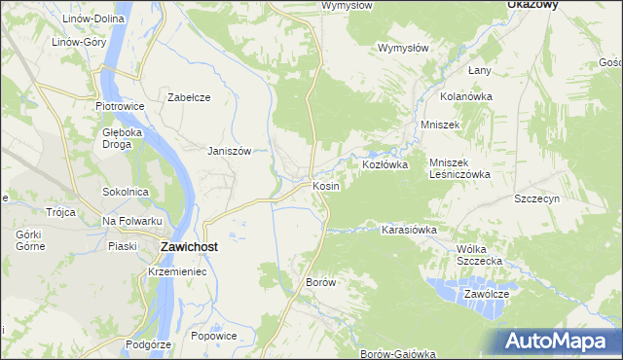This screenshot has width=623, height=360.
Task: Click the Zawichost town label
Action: [x=188, y=247]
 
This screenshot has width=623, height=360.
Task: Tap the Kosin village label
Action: [x=325, y=185]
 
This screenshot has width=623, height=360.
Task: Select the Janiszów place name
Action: [x=230, y=151]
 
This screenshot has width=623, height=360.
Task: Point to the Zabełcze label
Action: [x=189, y=97]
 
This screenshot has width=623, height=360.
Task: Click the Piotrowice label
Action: [x=120, y=106]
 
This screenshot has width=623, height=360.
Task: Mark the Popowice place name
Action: [x=214, y=336]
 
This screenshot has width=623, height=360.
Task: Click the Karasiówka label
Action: [x=408, y=230]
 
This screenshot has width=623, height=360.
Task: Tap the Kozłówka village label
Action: [x=385, y=165]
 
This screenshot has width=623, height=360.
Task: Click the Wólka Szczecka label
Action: [x=478, y=255]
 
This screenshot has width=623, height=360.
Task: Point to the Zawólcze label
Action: [x=487, y=293]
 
